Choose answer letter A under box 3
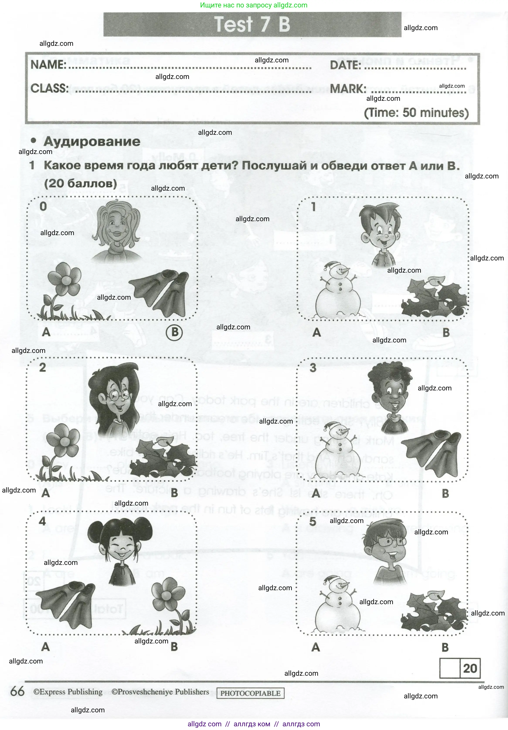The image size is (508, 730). (316, 493)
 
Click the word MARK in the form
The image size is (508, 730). (348, 89)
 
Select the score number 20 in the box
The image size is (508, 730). (470, 668)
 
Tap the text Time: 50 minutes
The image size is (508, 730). (416, 113)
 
